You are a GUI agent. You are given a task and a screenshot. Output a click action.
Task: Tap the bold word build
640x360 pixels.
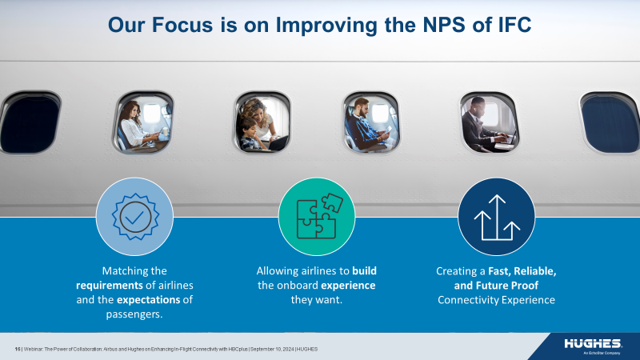[x=364, y=271]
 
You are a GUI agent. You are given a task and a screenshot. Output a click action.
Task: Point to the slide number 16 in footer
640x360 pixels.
[x=18, y=350]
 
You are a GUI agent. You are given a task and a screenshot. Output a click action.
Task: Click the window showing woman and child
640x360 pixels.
[x=261, y=122]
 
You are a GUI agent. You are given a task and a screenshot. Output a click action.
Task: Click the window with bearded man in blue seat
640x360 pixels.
[x=370, y=122]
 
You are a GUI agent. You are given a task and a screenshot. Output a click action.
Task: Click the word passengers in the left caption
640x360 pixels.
[x=134, y=314]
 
